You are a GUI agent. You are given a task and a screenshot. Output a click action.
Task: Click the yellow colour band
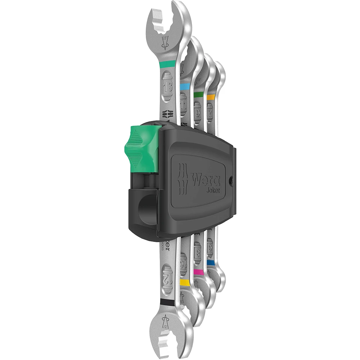185,282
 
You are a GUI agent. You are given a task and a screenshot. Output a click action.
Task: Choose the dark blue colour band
211,264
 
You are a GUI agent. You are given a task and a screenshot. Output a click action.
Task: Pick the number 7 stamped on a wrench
211,108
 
